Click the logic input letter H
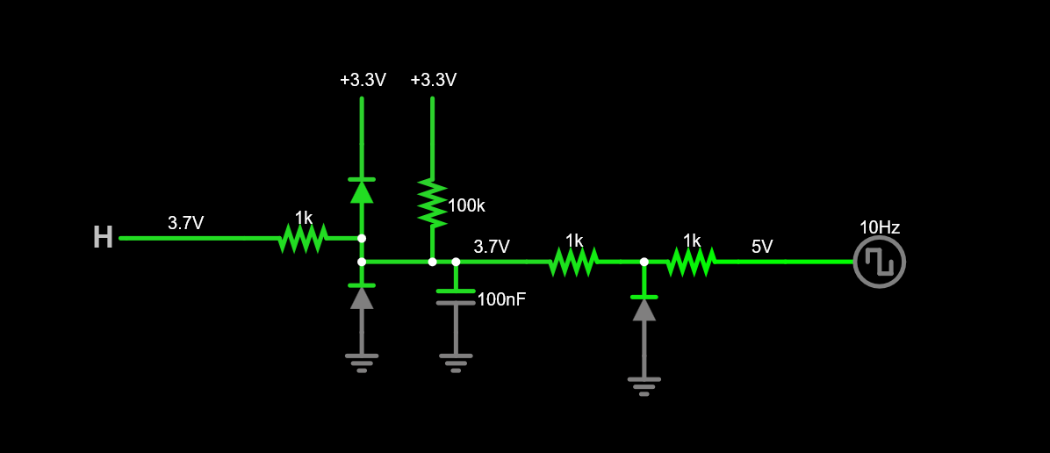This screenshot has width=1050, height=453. [103, 238]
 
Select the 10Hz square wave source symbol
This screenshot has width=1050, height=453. [879, 262]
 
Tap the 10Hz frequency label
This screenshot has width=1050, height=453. [879, 227]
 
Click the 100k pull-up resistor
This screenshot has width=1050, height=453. [432, 203]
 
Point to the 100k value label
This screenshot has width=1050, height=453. [466, 206]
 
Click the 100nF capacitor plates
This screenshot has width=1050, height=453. [455, 297]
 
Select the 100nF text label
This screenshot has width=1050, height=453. [501, 299]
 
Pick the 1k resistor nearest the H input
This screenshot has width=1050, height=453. [303, 238]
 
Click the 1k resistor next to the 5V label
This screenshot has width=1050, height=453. [691, 261]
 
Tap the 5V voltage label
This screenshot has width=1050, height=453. [762, 247]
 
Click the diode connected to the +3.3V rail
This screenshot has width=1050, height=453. [362, 190]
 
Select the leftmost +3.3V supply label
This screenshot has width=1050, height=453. [363, 80]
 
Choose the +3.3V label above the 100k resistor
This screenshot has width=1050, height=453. [433, 80]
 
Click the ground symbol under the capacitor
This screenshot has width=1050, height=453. [455, 362]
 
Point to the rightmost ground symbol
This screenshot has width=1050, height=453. [644, 385]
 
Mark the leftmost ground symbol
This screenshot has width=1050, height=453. [362, 362]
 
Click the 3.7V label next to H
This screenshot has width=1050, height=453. [185, 224]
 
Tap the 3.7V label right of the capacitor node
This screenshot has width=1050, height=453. [492, 247]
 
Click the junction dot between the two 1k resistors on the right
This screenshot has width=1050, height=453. [644, 262]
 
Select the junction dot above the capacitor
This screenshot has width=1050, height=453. [455, 262]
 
